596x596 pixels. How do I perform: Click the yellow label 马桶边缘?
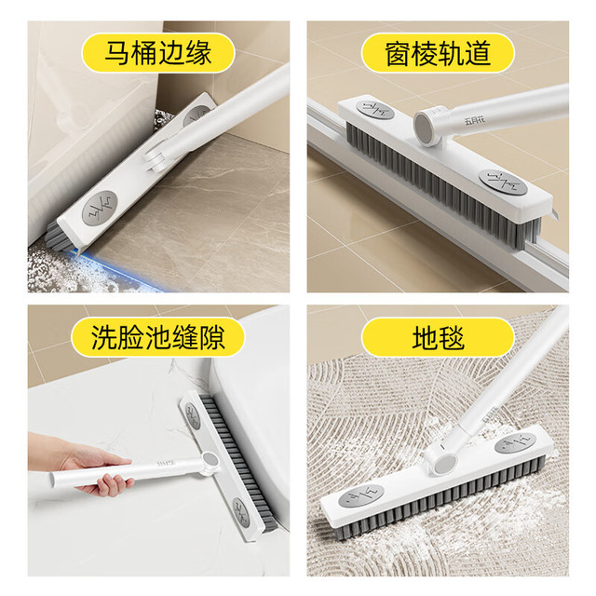pos(158,53)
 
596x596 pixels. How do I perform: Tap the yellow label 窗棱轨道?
pos(438,53)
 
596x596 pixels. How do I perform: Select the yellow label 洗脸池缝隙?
pos(157,337)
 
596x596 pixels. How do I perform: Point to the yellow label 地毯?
pos(438,337)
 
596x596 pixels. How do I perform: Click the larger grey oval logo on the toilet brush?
pos(100,209)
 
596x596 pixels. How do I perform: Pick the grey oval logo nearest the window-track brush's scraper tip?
pos(502,183)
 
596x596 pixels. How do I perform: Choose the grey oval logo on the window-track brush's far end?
pos(375,109)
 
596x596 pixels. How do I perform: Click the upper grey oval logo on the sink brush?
pos(193,416)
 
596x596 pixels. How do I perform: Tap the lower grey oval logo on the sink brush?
pos(241,512)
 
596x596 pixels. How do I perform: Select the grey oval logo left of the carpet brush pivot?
pos(360,495)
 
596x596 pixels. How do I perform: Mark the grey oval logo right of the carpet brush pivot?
pos(515,443)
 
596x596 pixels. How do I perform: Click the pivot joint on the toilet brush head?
pos(156,159)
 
